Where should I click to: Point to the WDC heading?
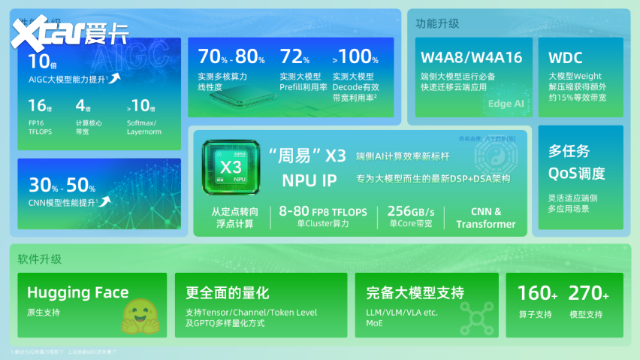click(x=566, y=57)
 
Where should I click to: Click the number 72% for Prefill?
click(x=294, y=56)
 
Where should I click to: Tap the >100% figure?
click(x=355, y=56)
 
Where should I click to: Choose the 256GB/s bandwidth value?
click(x=412, y=211)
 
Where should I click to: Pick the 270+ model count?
click(x=588, y=293)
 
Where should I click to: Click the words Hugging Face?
click(x=77, y=292)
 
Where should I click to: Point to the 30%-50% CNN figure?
click(x=62, y=184)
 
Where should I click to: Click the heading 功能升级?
click(x=437, y=23)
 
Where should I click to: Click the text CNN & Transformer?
click(x=486, y=218)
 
